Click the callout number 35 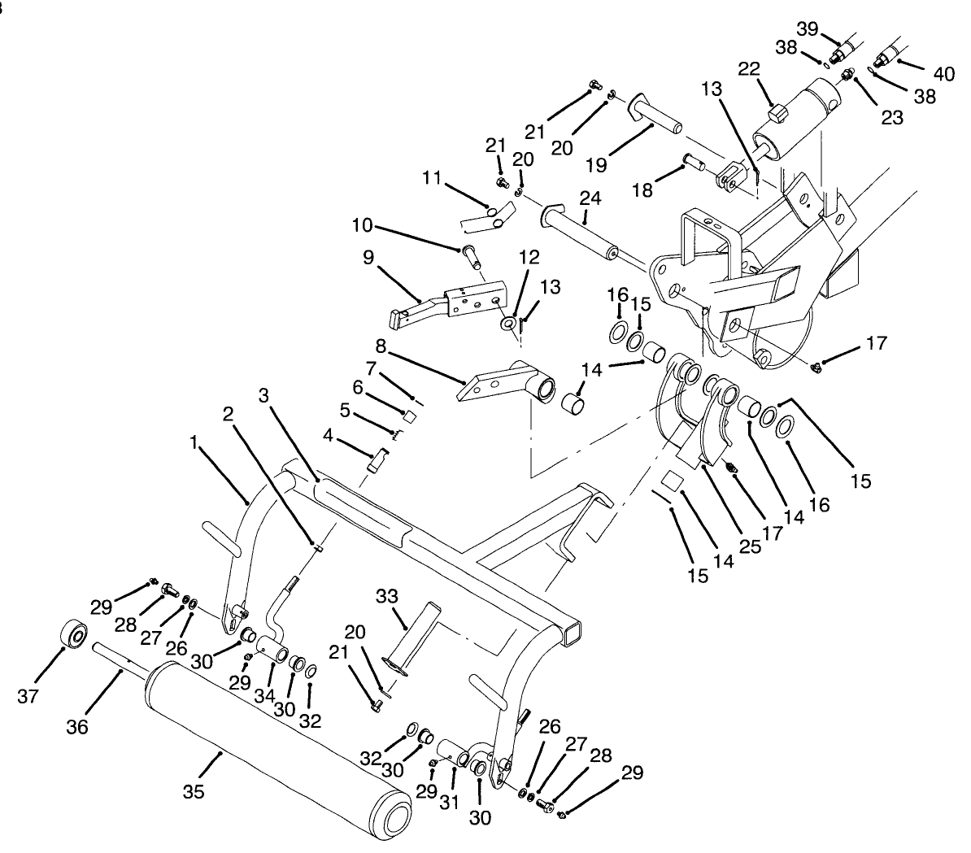(193, 790)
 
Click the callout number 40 (943, 74)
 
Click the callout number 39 (807, 29)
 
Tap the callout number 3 (263, 395)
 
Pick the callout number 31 (449, 802)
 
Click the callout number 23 (892, 116)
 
